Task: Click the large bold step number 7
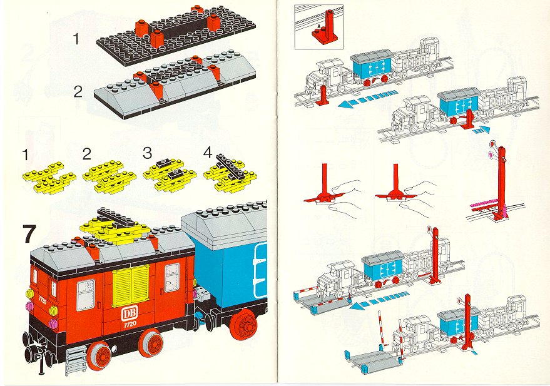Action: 29,234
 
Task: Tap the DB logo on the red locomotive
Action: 128,314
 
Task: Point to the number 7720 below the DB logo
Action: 130,324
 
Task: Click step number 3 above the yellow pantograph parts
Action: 147,153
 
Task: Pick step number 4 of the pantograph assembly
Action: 208,153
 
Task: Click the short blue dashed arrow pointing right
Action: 481,130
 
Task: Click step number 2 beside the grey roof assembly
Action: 78,92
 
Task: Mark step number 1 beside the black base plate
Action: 76,39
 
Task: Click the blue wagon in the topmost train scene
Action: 372,68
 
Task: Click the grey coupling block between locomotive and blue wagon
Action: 201,293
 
